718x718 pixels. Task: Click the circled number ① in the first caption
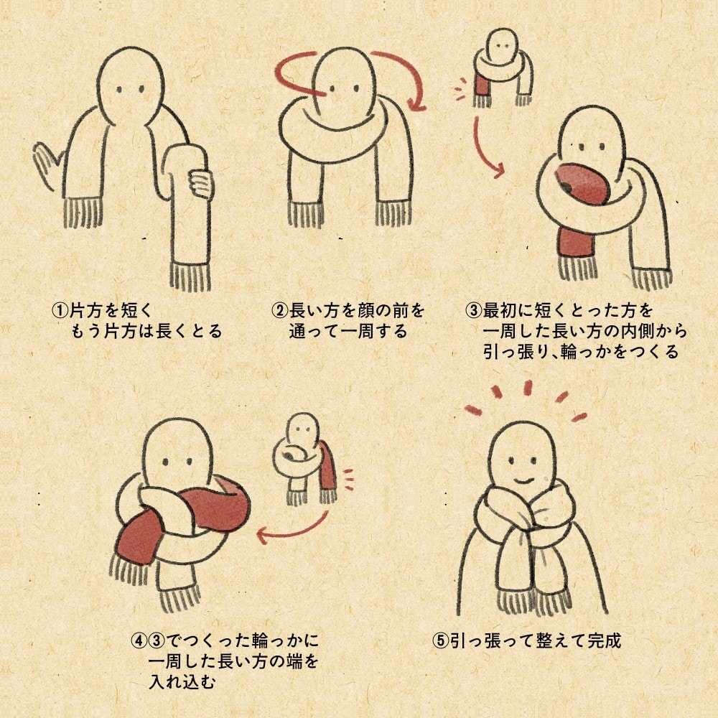[60, 311]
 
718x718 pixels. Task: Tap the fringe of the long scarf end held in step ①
[191, 276]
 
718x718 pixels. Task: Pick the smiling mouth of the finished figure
[525, 477]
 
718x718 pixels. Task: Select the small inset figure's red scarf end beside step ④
[328, 467]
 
